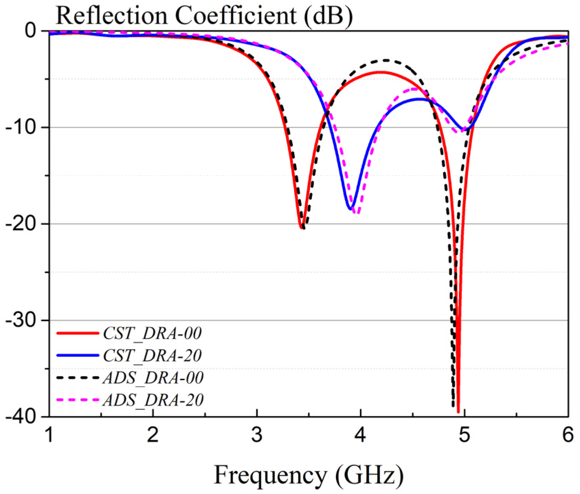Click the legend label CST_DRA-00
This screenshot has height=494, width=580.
152,333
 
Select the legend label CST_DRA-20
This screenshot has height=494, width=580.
152,355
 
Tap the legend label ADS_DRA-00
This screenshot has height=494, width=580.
153,377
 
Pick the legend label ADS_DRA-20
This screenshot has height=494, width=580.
153,400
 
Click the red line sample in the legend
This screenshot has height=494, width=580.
78,333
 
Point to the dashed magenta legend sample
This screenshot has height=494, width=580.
78,400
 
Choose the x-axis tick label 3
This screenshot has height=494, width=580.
257,435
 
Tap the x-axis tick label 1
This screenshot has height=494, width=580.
50,435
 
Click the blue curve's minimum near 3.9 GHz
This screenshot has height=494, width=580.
350,209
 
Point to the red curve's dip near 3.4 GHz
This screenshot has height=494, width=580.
301,228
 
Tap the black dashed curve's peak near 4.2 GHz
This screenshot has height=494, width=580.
386,60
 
